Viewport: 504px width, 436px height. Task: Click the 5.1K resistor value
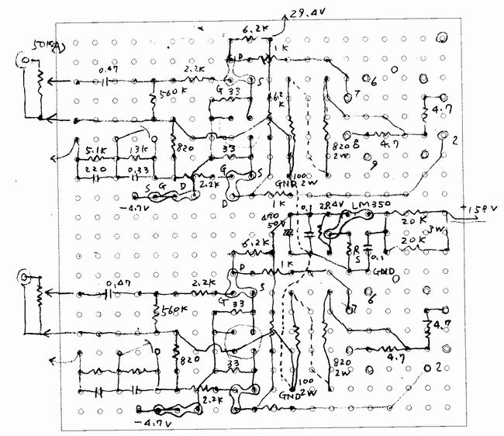pos(96,151)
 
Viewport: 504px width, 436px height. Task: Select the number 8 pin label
pos(355,145)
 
